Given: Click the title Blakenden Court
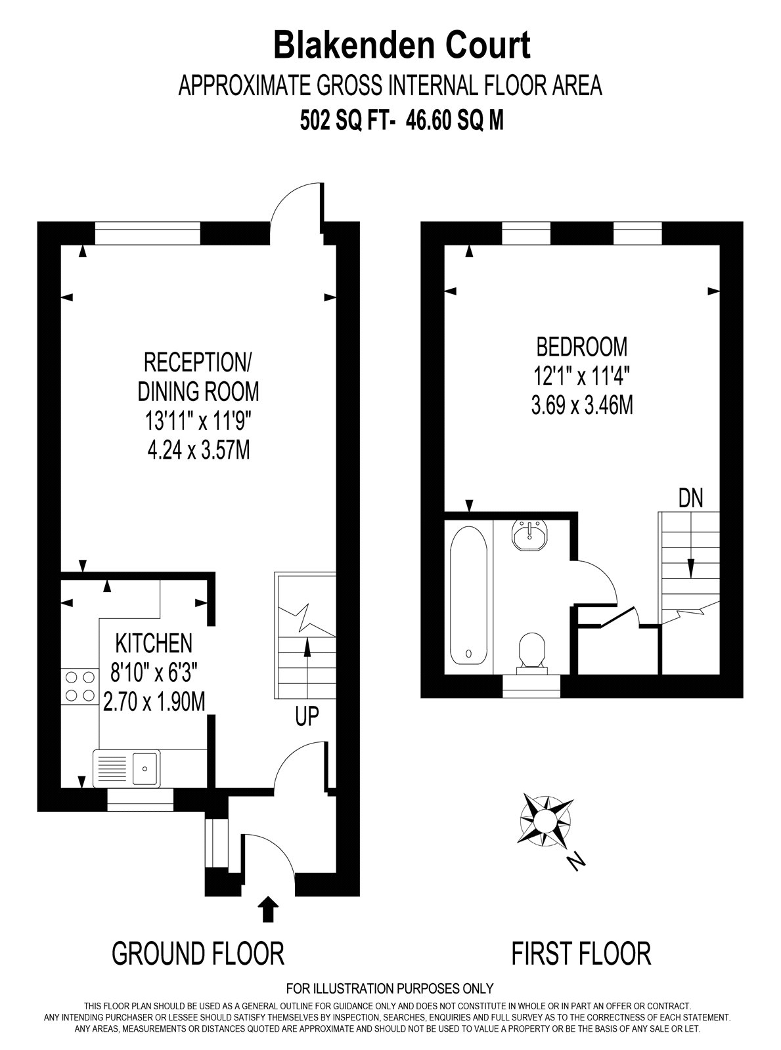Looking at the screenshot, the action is (x=402, y=46).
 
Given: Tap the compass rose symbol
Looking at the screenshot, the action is (x=545, y=820).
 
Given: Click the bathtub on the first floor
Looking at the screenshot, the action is (x=468, y=595).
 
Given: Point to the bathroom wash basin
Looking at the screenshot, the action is (x=531, y=535).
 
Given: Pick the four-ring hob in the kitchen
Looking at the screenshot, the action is (x=79, y=687).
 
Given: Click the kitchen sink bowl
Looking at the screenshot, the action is (x=145, y=769).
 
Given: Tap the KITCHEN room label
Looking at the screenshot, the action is (x=154, y=643).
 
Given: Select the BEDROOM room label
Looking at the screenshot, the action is (x=581, y=346).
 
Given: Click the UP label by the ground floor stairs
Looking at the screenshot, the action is (x=307, y=716).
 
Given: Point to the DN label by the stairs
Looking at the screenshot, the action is (x=690, y=498).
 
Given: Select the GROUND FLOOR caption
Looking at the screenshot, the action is (x=198, y=954).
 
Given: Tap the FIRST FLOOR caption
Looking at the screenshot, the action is (x=581, y=954).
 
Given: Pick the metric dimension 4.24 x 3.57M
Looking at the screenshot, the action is (x=198, y=450).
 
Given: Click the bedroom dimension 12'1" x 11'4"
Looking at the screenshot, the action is (x=581, y=377).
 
